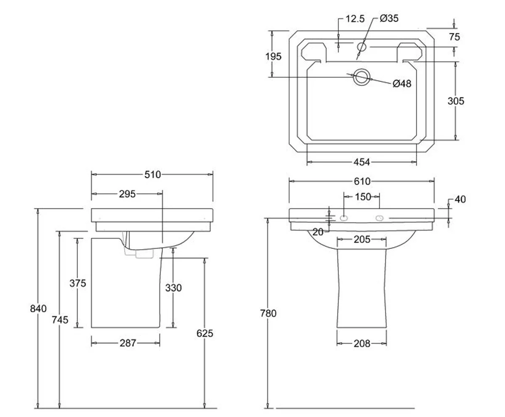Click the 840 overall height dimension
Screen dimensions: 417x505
tap(38, 309)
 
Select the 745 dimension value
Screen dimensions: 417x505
tap(60, 319)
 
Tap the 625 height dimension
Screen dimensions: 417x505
tap(205, 333)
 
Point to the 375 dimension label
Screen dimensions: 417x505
tap(77, 283)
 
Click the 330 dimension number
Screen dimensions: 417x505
tap(173, 288)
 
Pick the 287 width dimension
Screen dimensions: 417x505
tap(128, 343)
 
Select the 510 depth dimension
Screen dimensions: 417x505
tap(152, 174)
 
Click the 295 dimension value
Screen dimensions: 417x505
tap(127, 194)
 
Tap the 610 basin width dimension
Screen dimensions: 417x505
tap(362, 181)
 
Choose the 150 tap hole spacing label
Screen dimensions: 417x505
tap(363, 197)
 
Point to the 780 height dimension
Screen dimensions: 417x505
tap(268, 313)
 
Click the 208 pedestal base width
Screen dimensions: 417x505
tap(361, 343)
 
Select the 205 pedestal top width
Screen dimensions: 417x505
tap(362, 239)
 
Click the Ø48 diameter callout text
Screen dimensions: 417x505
tap(401, 84)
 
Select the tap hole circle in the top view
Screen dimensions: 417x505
tap(361, 47)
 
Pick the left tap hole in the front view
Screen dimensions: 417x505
tap(344, 218)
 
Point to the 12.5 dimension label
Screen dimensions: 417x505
tap(355, 19)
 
